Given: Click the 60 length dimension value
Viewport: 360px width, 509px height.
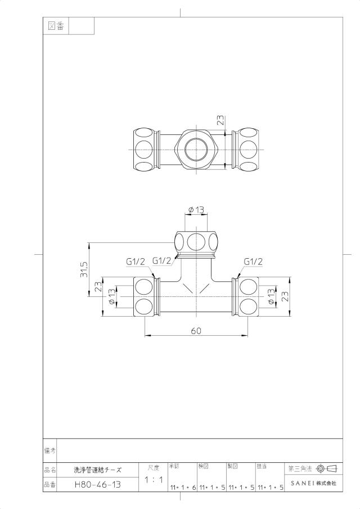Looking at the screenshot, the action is pos(196,331).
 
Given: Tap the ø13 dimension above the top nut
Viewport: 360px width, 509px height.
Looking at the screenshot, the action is pos(196,210).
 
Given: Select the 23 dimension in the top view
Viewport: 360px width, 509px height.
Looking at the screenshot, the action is pos(220,120).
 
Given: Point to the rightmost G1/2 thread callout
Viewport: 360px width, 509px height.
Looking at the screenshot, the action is pos(253,262).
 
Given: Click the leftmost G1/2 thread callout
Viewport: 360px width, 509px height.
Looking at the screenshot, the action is pos(136,262).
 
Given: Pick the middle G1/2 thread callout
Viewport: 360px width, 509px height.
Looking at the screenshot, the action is pos(161,260).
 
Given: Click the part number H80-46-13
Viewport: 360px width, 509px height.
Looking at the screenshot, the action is pos(98,485).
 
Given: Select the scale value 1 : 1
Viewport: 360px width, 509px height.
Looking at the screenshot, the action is pos(154,479).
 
